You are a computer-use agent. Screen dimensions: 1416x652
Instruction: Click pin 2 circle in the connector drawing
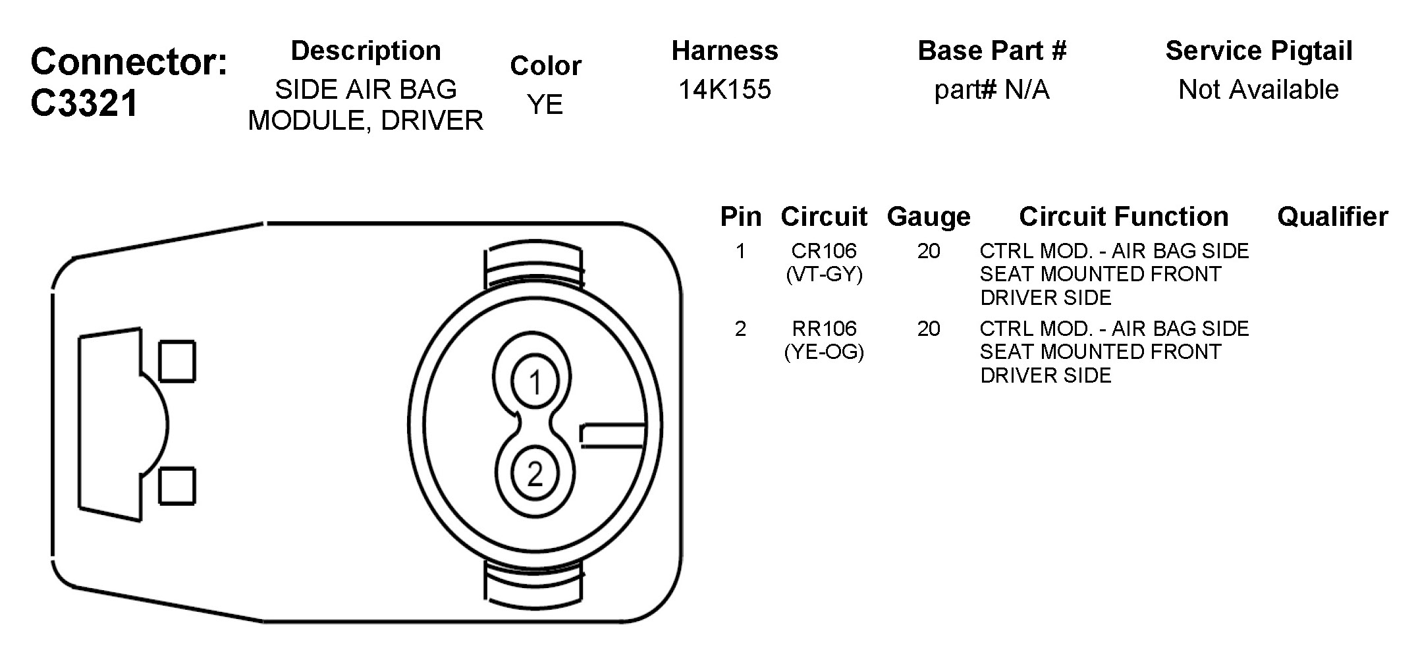pos(535,473)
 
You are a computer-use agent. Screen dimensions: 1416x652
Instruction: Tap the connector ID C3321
pos(84,103)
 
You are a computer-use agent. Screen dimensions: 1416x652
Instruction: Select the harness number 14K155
pos(724,90)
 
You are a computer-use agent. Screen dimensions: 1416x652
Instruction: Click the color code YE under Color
pos(545,104)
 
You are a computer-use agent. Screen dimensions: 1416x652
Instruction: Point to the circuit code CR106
pos(824,251)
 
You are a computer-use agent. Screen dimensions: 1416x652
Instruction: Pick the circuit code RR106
pos(824,329)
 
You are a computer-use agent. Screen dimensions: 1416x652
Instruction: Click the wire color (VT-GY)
pos(824,274)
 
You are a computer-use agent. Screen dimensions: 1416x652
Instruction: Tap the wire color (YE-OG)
pos(824,352)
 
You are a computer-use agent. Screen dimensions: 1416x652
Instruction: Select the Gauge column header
pos(929,217)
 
